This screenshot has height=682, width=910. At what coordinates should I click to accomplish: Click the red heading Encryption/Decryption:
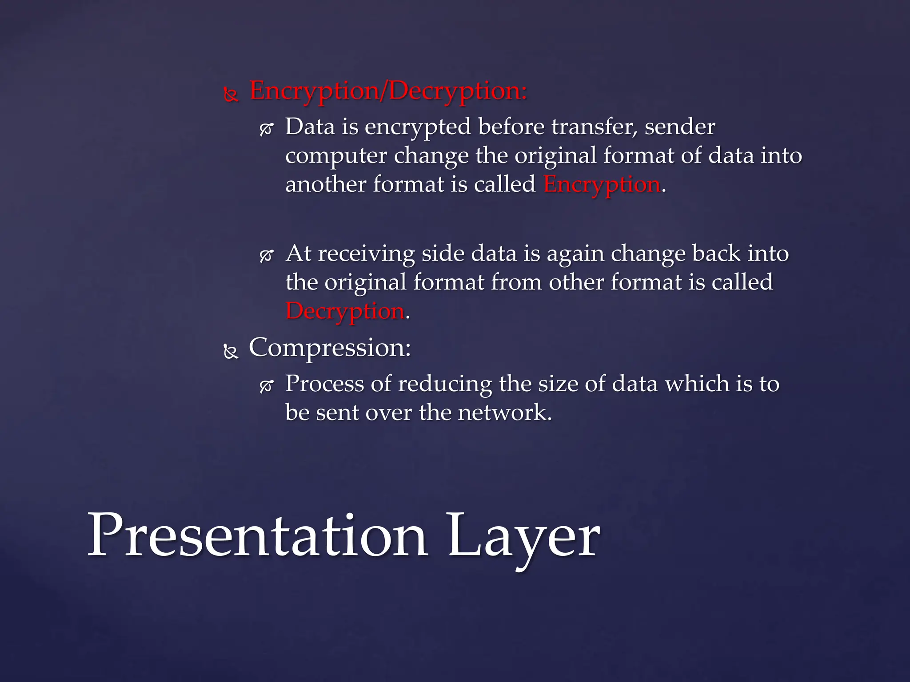tap(388, 91)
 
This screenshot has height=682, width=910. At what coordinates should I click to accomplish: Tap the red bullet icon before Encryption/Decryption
tap(231, 95)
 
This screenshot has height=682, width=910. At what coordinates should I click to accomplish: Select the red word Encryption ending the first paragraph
tap(602, 184)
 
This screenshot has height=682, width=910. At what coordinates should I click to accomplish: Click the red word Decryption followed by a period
tap(345, 311)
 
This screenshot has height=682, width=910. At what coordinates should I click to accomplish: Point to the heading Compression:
tap(330, 348)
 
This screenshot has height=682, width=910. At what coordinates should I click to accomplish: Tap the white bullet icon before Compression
tap(231, 352)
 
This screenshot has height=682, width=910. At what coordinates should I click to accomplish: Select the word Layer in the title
tap(524, 537)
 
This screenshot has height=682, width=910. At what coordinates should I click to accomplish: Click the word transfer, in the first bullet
tap(595, 127)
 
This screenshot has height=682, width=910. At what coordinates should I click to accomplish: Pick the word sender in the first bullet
tap(680, 127)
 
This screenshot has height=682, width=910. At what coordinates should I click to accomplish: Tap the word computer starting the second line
tap(336, 156)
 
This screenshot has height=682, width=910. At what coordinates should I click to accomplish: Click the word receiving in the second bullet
tap(366, 254)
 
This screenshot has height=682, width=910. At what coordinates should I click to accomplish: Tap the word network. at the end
tap(505, 412)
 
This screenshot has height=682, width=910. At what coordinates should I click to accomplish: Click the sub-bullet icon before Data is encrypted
tap(266, 129)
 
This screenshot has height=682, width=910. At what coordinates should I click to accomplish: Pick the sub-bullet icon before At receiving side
tap(266, 256)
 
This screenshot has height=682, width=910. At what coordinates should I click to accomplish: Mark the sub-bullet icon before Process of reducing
tap(266, 386)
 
